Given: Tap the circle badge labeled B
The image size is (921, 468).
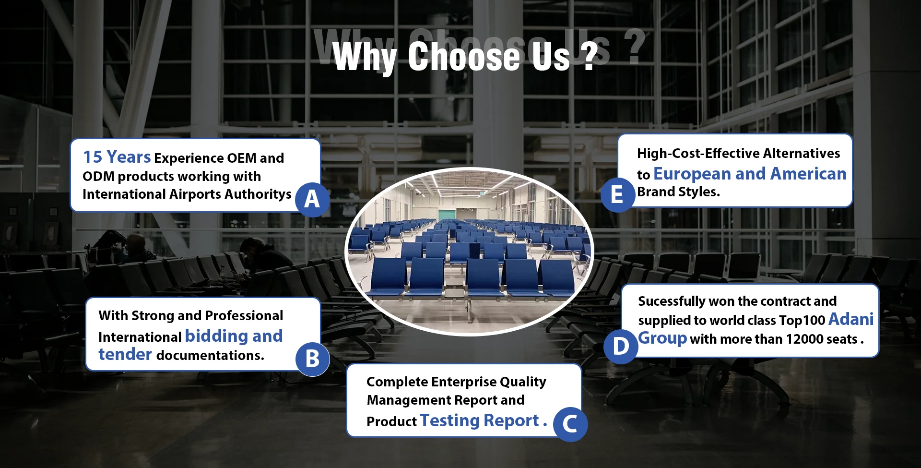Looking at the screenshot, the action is [312, 359].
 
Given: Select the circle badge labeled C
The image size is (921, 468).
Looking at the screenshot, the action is [570, 424].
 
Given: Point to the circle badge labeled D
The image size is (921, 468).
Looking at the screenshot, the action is [621, 346].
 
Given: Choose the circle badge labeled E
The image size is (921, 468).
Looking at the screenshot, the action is [618, 194].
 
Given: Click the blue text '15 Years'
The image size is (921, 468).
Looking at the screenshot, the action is [117, 157].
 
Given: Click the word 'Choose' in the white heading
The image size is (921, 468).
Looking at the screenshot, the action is [465, 56].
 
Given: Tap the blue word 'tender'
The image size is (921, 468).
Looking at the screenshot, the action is [125, 354].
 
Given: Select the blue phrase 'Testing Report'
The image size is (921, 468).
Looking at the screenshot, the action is [480, 420].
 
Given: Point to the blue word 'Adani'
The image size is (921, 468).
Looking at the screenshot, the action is [851, 319].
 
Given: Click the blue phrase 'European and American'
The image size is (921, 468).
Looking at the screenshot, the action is [750, 173].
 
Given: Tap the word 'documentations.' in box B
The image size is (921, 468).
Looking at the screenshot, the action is [210, 355].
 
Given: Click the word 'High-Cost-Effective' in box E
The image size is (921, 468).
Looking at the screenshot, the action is [698, 154].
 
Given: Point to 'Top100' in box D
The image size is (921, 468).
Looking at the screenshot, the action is [802, 320].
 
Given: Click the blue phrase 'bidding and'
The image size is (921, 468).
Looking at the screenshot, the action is [234, 336].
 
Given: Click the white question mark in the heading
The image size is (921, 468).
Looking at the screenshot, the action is [590, 57].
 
